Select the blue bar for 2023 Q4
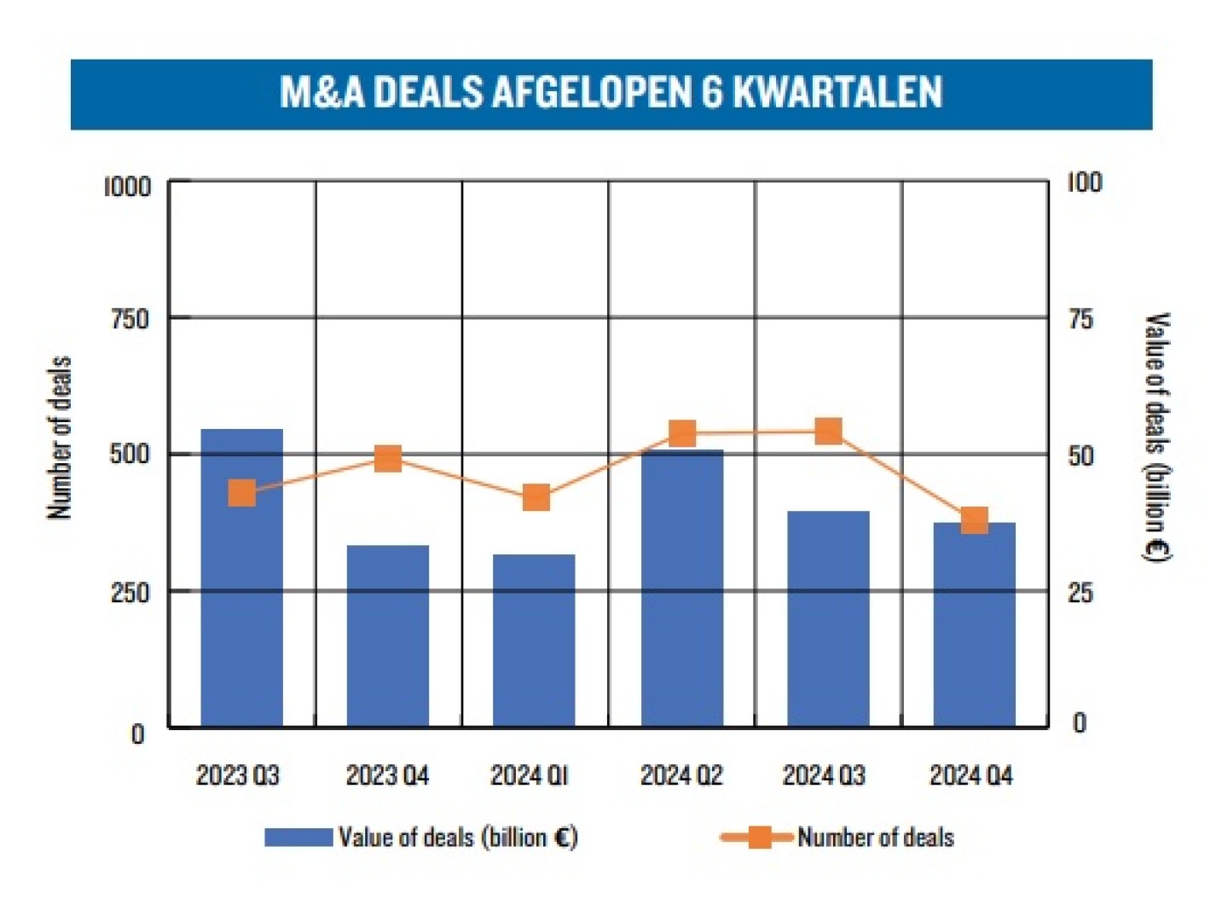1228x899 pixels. point(388,635)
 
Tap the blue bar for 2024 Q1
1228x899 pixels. point(534,640)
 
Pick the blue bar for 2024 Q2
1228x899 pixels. point(682,589)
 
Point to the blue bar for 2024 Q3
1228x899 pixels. point(828,618)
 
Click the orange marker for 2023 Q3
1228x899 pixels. point(242,493)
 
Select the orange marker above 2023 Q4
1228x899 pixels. point(388,459)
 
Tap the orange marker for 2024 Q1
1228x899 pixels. point(536,497)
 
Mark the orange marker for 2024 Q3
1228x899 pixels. point(828,432)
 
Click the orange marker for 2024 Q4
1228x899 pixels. point(974,520)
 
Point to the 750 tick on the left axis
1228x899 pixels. point(130,319)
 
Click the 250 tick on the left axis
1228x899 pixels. point(130,592)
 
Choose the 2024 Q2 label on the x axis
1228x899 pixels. point(681,775)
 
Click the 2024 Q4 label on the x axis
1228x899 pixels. point(971,775)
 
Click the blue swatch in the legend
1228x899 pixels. point(298,837)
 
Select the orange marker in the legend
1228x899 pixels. point(758,837)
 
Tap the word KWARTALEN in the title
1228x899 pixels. point(837,93)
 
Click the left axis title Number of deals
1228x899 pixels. point(60,438)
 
